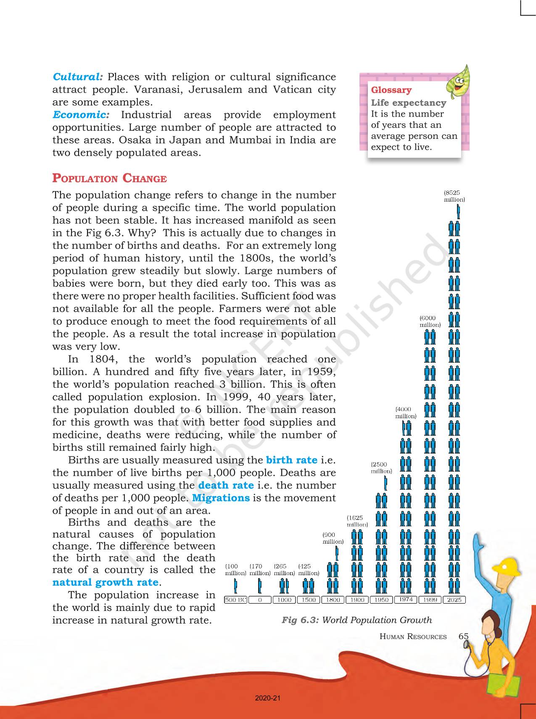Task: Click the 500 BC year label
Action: tap(235, 600)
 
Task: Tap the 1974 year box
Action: tap(406, 600)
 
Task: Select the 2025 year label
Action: tap(454, 600)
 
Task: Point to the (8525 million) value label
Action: tap(454, 196)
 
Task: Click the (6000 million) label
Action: tap(430, 321)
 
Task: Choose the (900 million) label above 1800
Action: tap(333, 538)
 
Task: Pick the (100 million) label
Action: tap(235, 570)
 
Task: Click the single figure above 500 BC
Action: tap(235, 585)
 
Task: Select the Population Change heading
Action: tap(109, 178)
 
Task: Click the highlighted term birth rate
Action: tap(292, 460)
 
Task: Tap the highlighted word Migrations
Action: tap(221, 498)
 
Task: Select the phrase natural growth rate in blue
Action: tap(106, 582)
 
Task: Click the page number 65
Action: tap(463, 636)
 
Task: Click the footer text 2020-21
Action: tap(267, 698)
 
